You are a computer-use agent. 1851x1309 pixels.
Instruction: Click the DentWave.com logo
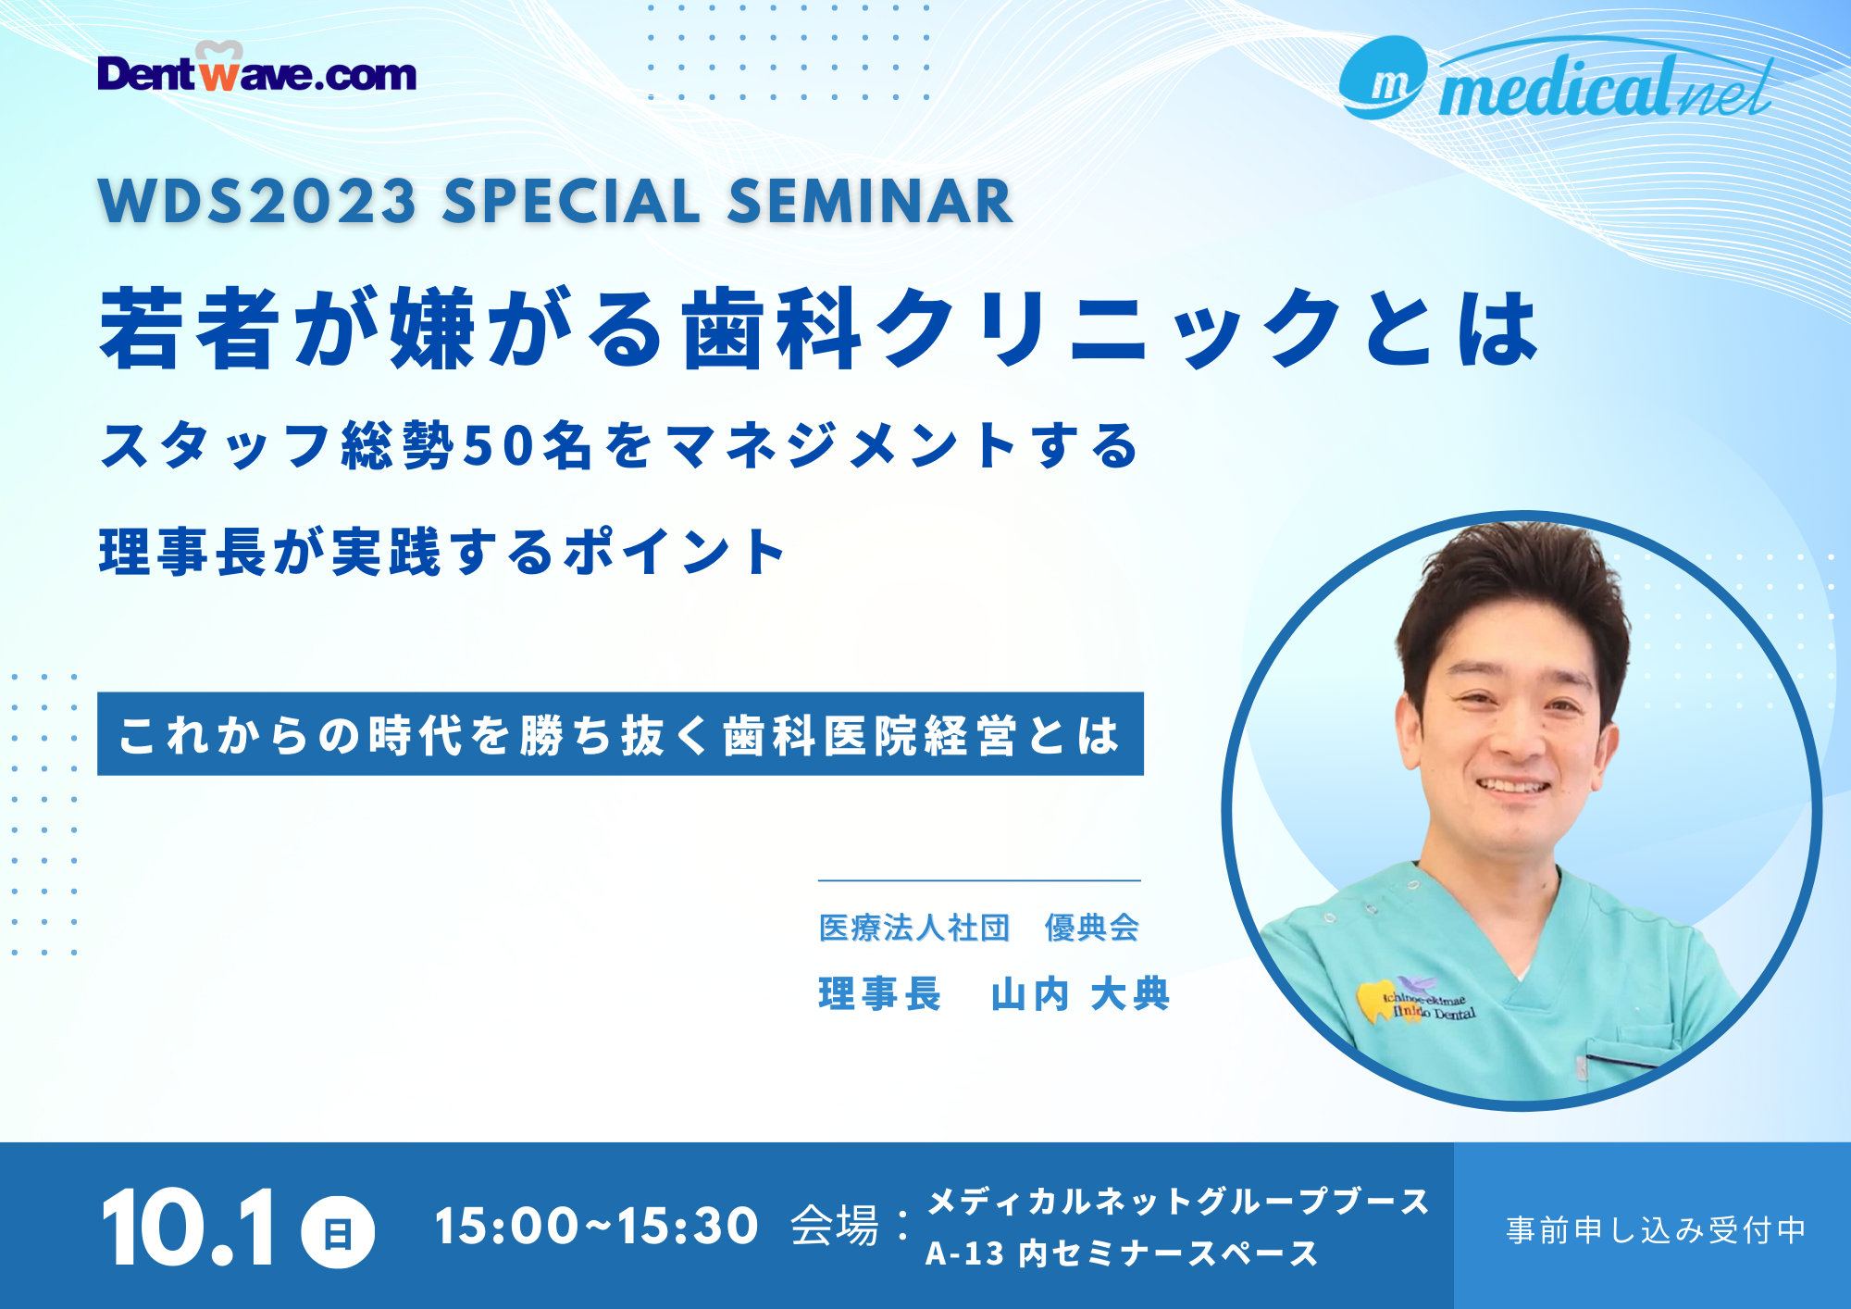256,68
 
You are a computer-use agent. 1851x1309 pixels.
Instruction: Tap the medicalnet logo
1557,80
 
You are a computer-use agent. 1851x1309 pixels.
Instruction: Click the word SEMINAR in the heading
870,202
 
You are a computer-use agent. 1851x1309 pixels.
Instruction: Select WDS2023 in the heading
257,202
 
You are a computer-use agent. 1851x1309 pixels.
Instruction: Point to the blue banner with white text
620,733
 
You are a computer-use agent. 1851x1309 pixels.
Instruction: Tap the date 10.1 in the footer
189,1228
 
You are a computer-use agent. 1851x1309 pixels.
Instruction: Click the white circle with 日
338,1232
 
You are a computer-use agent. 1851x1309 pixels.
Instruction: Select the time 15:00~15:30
597,1227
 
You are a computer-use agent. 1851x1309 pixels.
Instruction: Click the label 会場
835,1227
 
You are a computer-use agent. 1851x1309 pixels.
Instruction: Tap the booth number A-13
964,1253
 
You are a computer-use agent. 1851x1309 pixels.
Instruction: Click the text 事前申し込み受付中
1656,1229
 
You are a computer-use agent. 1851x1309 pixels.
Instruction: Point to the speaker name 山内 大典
1080,994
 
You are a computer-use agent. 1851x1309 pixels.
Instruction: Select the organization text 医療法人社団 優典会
979,928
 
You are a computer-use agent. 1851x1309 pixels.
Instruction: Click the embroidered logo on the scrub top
1416,1000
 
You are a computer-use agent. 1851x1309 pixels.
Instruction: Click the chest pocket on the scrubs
1634,1069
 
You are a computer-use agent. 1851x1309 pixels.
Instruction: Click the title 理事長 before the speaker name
879,994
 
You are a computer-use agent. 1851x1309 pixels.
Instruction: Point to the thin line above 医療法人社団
979,880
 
